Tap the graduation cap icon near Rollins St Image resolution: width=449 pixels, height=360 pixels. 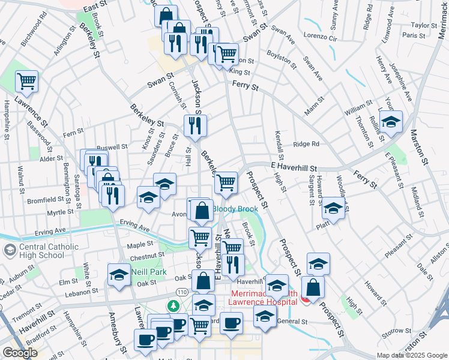[x=390, y=122]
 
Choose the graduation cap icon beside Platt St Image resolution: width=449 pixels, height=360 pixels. [x=333, y=208]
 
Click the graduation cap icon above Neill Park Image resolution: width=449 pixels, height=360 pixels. [x=119, y=275]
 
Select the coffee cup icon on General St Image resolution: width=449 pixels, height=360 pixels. [x=231, y=323]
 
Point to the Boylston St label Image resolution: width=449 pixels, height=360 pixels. [x=282, y=58]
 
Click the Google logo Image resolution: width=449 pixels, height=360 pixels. [x=19, y=353]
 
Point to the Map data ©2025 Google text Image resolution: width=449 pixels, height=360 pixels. [x=411, y=355]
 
